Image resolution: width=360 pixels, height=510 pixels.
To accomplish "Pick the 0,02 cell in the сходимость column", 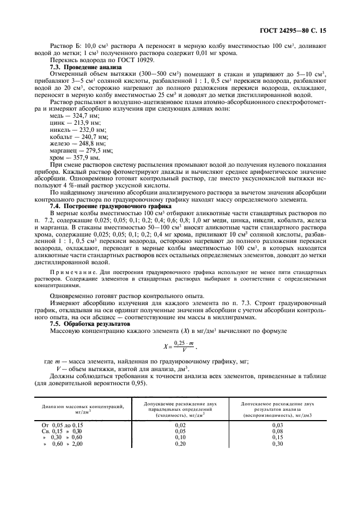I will coord(180,424).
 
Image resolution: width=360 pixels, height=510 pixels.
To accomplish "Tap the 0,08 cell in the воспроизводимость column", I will coord(278,430).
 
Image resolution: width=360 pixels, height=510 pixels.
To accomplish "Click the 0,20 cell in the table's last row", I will coord(180,444).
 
